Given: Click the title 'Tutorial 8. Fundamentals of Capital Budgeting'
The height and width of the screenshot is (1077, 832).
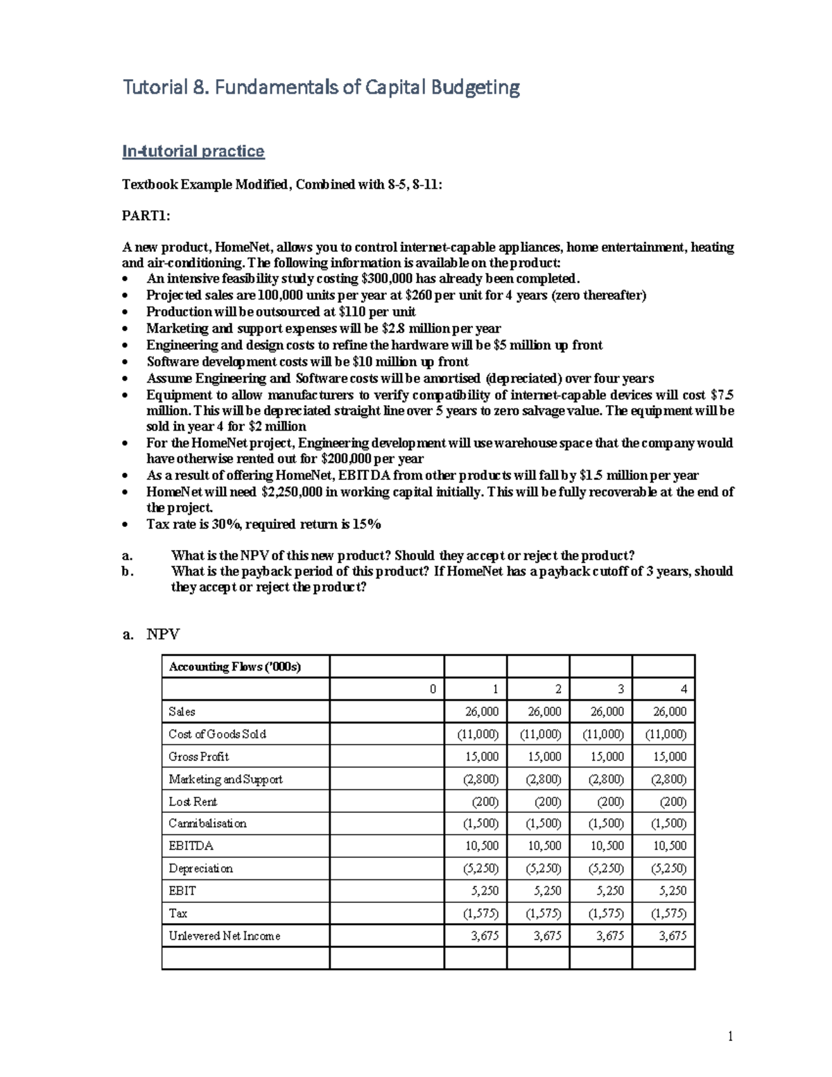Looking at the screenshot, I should point(320,88).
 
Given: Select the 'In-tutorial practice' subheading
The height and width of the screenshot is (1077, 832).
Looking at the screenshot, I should point(193,151).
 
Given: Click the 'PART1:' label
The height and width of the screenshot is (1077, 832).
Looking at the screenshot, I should point(146,216).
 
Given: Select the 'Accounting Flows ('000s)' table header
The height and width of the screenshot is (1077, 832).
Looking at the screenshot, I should point(235,667).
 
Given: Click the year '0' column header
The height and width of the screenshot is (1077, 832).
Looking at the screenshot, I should point(433,689).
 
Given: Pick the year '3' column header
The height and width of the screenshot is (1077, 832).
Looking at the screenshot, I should point(620,689).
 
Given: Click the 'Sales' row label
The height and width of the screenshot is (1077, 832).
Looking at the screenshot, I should point(182,712).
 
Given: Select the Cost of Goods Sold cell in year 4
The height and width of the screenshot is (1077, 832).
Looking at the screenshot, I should point(666,734).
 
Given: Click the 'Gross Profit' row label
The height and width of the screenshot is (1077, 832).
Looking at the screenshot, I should point(198,757).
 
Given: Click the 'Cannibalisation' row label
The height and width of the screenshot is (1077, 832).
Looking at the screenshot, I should point(207,824).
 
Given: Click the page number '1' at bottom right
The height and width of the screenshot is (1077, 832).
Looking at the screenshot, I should point(730,1037).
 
